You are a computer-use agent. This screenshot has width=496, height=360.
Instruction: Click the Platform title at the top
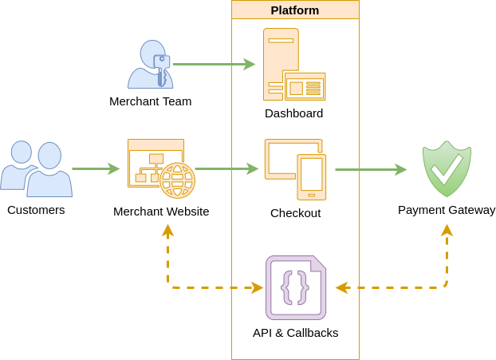click(x=295, y=10)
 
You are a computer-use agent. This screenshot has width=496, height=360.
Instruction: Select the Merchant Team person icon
click(x=150, y=65)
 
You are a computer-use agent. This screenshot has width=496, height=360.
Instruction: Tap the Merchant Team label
click(x=151, y=101)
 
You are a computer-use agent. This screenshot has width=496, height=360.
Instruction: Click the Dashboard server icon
click(x=293, y=65)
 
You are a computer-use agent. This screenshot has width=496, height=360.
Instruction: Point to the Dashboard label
click(x=293, y=113)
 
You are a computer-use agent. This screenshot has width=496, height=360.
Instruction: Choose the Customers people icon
click(x=36, y=168)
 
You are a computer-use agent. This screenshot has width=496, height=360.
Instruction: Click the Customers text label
click(x=36, y=210)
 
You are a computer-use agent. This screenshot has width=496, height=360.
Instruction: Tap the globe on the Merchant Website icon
click(x=177, y=180)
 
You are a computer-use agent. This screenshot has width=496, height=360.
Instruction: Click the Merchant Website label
click(x=161, y=212)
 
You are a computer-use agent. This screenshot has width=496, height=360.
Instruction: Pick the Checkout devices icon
click(x=295, y=169)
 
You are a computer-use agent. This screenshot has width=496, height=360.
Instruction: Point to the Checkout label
click(x=295, y=213)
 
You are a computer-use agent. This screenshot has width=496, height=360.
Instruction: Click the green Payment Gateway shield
click(x=447, y=168)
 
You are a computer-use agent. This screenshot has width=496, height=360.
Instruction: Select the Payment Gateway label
click(x=447, y=210)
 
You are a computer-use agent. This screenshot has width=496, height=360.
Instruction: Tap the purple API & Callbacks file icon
click(x=295, y=287)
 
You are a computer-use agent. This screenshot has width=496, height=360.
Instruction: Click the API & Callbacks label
click(x=295, y=333)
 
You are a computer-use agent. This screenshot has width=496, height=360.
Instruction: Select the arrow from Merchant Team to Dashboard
click(x=213, y=64)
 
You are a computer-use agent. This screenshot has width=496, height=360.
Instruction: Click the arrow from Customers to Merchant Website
click(x=95, y=168)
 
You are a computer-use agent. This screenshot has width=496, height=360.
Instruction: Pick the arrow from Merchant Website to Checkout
click(x=226, y=168)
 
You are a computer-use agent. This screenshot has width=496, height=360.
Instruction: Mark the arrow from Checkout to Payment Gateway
click(x=370, y=169)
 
